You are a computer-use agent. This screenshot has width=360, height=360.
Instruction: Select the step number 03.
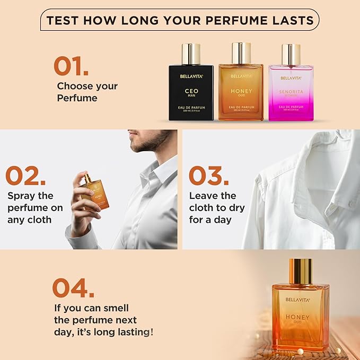(208, 177)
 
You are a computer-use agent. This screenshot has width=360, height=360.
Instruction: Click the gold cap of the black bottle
(191, 54)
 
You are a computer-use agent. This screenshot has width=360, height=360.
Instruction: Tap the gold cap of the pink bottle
(291, 54)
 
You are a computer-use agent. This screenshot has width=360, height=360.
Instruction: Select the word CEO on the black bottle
(191, 91)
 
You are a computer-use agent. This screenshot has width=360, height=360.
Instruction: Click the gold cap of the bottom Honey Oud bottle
(301, 269)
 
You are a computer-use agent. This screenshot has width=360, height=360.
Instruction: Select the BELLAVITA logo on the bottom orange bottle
(297, 300)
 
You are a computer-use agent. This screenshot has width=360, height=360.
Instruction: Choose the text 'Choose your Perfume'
(87, 92)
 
